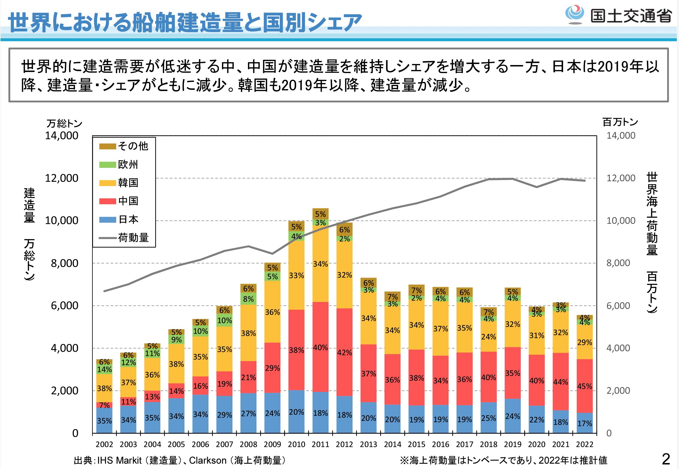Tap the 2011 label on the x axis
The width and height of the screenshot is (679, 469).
tap(320, 444)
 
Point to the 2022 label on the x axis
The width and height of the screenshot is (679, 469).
tap(585, 444)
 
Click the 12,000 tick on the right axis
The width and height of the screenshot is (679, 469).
tap(621, 178)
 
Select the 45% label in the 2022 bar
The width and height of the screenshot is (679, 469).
tap(585, 386)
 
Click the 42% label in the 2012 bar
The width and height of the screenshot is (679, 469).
tap(345, 352)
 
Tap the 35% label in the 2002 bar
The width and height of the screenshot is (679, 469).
tap(104, 421)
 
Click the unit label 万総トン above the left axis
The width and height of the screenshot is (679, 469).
tap(64, 123)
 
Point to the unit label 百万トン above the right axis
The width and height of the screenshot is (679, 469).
tap(620, 122)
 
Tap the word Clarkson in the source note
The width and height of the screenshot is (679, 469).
tap(208, 460)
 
